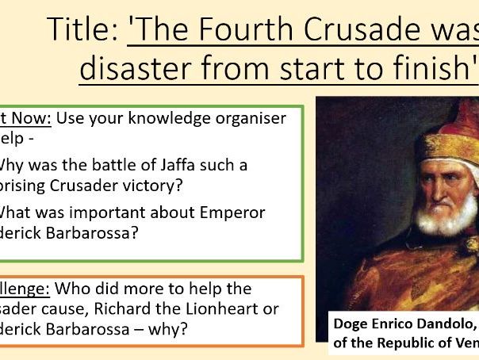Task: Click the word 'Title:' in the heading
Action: coord(82,30)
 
